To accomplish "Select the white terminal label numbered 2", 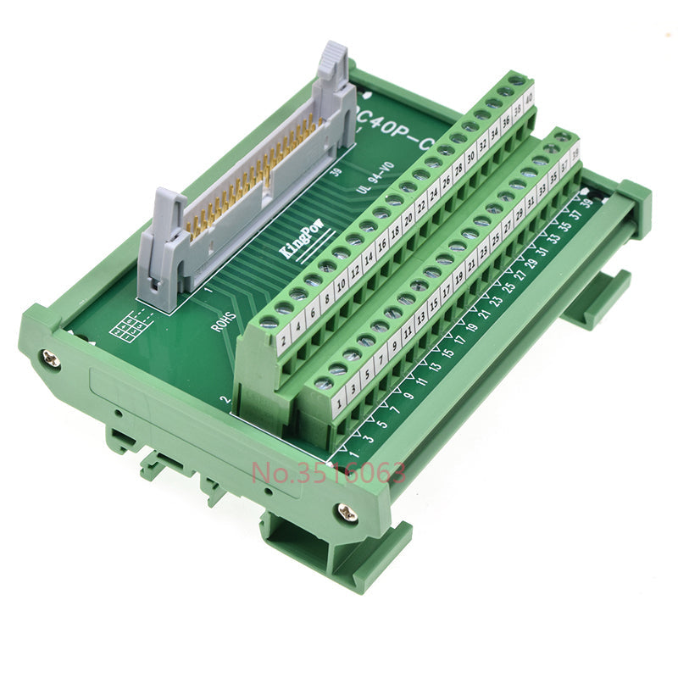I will click(x=285, y=340).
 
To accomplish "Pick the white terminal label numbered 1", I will click(x=341, y=402).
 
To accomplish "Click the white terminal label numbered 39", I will click(x=575, y=154).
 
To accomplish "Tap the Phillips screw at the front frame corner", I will click(x=346, y=511).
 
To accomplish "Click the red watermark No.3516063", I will click(x=329, y=472).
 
